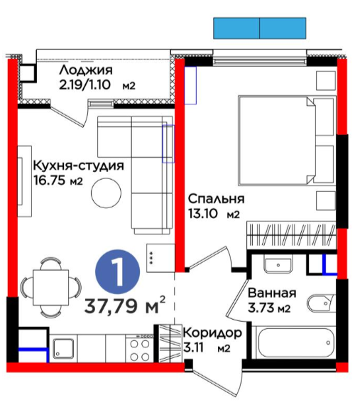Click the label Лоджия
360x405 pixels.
click(x=86, y=71)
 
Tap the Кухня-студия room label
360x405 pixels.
click(x=78, y=166)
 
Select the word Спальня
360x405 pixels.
click(x=216, y=199)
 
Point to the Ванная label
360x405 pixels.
click(x=272, y=293)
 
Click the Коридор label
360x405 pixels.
click(x=212, y=333)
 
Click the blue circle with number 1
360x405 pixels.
click(x=118, y=271)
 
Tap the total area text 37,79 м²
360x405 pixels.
click(x=125, y=306)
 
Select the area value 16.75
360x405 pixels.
click(x=50, y=180)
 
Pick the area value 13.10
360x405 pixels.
click(x=203, y=214)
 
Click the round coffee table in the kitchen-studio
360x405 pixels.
click(x=106, y=193)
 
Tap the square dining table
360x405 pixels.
click(x=51, y=288)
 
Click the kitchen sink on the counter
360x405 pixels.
click(x=63, y=348)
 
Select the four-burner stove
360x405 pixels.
click(x=140, y=349)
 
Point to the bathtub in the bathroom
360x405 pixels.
click(x=294, y=342)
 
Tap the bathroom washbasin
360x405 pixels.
click(x=278, y=264)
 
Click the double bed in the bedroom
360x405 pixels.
click(x=287, y=141)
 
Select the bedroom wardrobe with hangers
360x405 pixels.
click(x=292, y=234)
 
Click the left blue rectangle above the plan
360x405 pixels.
click(x=236, y=28)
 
